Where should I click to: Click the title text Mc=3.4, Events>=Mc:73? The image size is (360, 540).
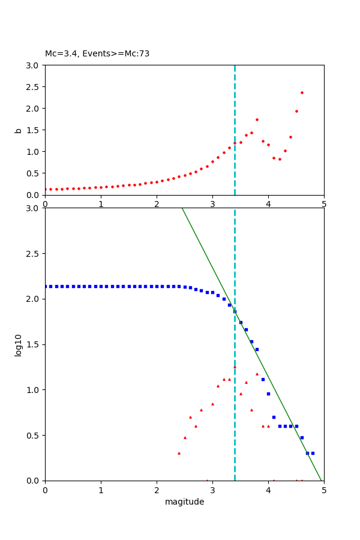[x=97, y=53]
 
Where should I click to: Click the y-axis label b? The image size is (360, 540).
[x=18, y=130]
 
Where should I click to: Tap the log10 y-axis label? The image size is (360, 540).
[x=18, y=345]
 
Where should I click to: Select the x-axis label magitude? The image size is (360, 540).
[x=184, y=502]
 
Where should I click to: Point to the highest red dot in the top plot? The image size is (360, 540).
[x=302, y=92]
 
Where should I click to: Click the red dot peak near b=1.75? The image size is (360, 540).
[x=257, y=119]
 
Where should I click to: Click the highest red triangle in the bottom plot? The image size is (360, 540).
[x=235, y=366]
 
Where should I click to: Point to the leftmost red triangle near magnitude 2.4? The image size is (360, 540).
[x=179, y=453]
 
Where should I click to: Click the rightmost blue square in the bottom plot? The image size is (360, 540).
[x=313, y=453]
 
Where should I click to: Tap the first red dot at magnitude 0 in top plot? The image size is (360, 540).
[x=45, y=189]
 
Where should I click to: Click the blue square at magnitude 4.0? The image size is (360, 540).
[x=268, y=394]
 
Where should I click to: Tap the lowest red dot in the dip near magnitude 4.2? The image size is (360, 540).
[x=280, y=159]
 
